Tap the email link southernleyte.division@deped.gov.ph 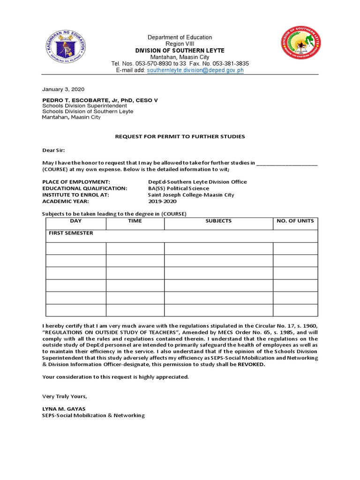pos(195,70)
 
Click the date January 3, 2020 pos(63,89)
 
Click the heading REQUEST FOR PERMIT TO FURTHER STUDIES pos(180,136)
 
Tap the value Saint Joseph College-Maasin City pos(191,195)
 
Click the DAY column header pos(76,221)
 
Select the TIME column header pos(135,221)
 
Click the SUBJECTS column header pos(218,221)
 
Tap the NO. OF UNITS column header pos(295,221)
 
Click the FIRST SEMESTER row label pos(71,233)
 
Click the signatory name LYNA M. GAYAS pos(64,409)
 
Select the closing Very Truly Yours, pos(65,396)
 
